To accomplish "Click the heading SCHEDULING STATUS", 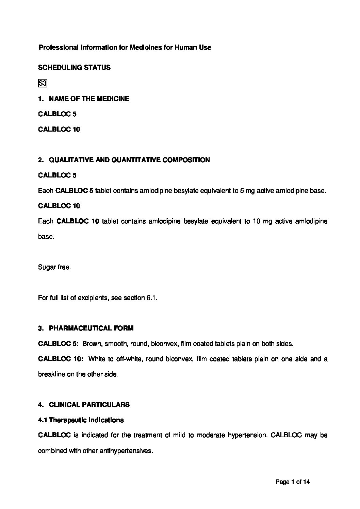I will coord(74,68).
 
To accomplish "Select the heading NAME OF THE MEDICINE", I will coord(89,99).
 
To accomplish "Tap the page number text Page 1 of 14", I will coord(293,481).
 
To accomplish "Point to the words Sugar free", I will coord(54,267).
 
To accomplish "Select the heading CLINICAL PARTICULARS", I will coord(89,405).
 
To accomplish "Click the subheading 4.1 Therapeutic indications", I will coord(81,420).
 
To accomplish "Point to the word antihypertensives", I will coord(126,451).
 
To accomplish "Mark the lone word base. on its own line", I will coord(46,237).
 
